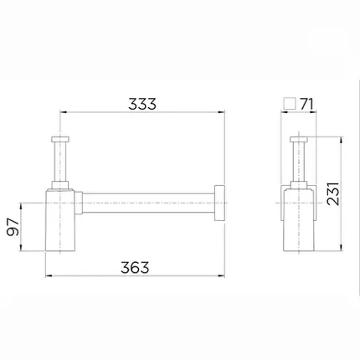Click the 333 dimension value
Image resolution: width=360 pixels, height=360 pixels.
tap(142, 104)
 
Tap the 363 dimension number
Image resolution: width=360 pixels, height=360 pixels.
tap(135, 267)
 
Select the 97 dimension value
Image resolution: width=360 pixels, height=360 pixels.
tap(13, 227)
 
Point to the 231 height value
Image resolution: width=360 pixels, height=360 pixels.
tap(333, 193)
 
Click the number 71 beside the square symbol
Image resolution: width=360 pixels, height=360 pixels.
tap(307, 105)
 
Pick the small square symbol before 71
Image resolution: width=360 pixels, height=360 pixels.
tap(290, 104)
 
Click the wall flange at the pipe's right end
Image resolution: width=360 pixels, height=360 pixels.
tap(219, 203)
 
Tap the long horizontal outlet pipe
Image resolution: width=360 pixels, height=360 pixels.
tap(148, 203)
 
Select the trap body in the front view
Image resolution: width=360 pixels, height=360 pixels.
tap(60, 220)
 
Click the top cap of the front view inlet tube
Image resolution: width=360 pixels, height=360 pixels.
tap(60, 139)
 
